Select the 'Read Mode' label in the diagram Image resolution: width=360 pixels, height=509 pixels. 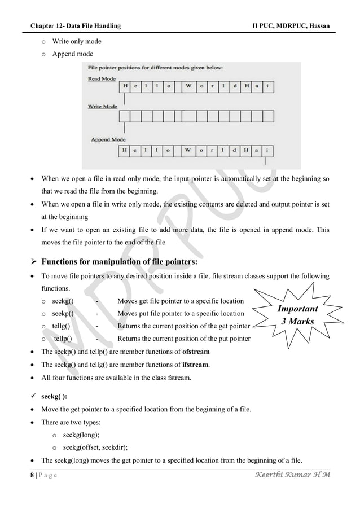tap(102, 79)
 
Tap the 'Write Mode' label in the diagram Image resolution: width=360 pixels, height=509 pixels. tap(103, 106)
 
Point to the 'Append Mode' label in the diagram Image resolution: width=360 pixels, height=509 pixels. tap(108, 139)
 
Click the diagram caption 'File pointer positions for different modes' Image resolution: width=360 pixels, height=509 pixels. tap(155, 67)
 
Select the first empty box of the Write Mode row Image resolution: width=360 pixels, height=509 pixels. tap(125, 116)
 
